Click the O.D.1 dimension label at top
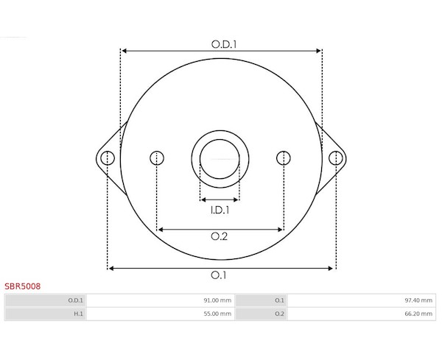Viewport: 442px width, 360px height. point(224,44)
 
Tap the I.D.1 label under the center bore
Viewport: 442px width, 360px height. point(220,210)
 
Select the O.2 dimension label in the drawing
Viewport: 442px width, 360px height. point(220,236)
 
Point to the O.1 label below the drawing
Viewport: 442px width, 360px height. point(219,275)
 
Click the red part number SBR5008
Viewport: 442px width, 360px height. point(23,286)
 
